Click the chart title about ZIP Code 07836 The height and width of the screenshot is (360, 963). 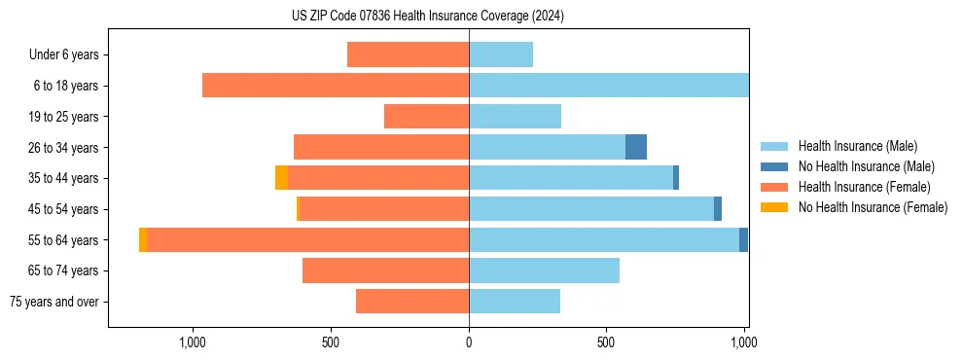point(427,16)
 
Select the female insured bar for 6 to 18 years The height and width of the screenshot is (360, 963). point(336,86)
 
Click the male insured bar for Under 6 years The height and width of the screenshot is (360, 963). point(501,55)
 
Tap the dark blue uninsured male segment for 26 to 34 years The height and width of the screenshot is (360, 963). point(636,147)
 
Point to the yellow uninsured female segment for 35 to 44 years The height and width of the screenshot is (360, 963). point(281,178)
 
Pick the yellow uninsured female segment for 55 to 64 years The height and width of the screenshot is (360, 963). point(143,240)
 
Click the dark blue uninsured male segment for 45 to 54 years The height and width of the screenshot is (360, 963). point(718,209)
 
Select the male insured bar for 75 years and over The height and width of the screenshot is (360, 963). point(515,302)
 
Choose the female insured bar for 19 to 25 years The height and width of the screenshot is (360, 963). point(426,117)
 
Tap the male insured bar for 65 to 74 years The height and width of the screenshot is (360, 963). point(544,270)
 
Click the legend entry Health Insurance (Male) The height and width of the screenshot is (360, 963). point(857,146)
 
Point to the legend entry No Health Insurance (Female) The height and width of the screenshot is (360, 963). point(873,207)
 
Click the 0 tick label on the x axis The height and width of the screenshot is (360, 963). point(469,342)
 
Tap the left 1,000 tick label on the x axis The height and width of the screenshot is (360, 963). point(193,342)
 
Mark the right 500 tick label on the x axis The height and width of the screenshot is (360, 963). point(606,342)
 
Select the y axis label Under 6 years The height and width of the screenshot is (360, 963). point(64,55)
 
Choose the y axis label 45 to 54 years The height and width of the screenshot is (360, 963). point(64,209)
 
